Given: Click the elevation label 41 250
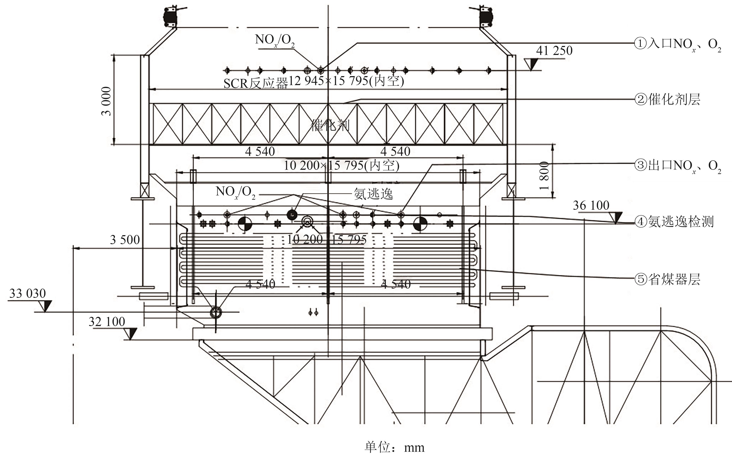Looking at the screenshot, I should click(554, 50).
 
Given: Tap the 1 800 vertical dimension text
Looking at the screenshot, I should click(544, 176).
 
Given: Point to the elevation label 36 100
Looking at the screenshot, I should click(591, 206).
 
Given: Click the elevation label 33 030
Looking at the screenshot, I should click(27, 294).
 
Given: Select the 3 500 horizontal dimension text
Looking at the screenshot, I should click(125, 240).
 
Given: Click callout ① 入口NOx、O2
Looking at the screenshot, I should click(678, 44).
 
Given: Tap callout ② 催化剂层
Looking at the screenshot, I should click(667, 99).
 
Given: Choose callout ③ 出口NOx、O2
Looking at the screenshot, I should click(678, 166).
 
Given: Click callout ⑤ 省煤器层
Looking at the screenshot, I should click(667, 279).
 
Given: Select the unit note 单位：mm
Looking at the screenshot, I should click(394, 447).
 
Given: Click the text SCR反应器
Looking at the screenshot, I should click(255, 83).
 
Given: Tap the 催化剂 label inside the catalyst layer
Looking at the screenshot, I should click(330, 125).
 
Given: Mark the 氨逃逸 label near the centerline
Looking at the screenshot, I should click(373, 193).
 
